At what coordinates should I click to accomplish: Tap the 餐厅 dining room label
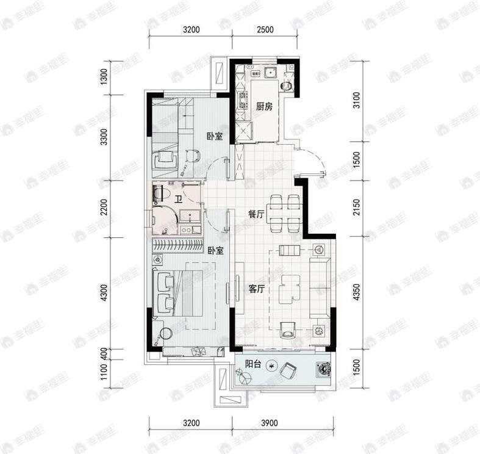click(x=256, y=215)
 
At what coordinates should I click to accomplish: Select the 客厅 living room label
click(x=256, y=289)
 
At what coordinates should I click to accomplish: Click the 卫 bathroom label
click(x=178, y=200)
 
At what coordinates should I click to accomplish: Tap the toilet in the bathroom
click(x=160, y=194)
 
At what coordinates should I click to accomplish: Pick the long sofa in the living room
click(x=321, y=287)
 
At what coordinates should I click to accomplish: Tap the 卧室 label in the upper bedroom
click(x=213, y=137)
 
